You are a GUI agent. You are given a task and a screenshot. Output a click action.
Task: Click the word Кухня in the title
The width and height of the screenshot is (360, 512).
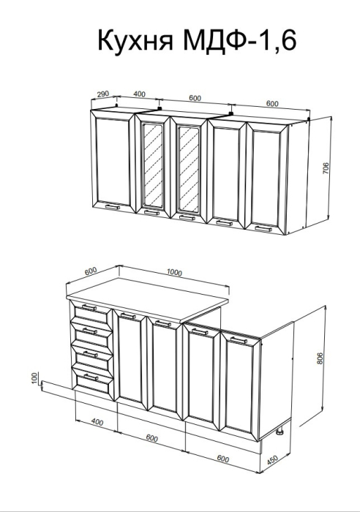(x=135, y=40)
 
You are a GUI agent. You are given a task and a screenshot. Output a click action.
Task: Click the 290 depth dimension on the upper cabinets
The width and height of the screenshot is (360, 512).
(x=102, y=94)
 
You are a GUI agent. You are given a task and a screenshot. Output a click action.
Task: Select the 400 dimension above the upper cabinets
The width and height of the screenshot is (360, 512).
(x=139, y=94)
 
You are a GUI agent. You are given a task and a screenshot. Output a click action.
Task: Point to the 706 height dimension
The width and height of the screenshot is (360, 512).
(x=326, y=168)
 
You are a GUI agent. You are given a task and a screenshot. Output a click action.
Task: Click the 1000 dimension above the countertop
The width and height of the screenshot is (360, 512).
(x=174, y=272)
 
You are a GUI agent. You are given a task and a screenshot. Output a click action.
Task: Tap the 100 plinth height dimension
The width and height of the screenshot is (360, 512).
(x=35, y=378)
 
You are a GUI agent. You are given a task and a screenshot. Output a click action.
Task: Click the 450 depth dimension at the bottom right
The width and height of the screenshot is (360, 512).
(x=272, y=460)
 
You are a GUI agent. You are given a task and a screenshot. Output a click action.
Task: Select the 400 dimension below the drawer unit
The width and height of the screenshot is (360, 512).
(x=97, y=422)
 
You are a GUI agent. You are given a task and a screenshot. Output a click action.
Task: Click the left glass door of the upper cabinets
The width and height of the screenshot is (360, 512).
(x=153, y=166)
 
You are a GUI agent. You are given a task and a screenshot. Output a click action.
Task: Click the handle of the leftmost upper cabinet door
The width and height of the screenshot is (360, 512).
(x=113, y=207)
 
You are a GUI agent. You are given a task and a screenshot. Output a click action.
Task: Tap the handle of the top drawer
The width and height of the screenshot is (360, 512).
(x=89, y=307)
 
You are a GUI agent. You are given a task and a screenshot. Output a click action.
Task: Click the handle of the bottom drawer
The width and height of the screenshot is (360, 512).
(x=91, y=377)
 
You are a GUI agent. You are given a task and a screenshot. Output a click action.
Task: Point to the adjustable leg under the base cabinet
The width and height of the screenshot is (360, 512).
(x=280, y=432)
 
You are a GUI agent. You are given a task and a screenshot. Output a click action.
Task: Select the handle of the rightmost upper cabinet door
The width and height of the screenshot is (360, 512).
(x=263, y=228)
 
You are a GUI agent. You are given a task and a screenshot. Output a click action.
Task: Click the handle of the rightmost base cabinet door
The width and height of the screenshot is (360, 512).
(x=239, y=340)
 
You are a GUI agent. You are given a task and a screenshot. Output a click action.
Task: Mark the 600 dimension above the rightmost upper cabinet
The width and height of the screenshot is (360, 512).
(x=272, y=104)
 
